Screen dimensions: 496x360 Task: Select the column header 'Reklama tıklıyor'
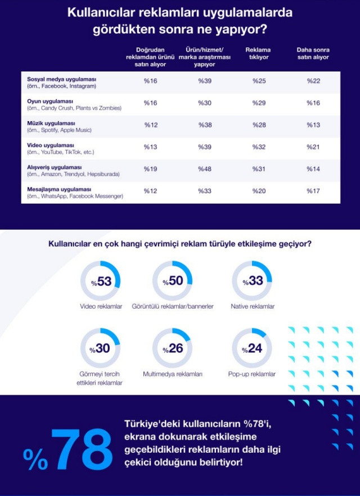coord(258,53)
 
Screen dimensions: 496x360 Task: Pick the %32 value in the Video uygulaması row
coord(259,146)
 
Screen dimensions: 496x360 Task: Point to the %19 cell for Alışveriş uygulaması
coord(150,168)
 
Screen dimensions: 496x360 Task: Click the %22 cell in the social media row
coord(313,81)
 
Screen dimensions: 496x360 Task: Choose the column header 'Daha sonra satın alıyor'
coord(313,53)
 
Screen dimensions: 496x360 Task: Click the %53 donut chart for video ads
coord(101,281)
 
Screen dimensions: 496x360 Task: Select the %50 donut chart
coord(173,281)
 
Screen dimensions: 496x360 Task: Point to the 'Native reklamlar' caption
coord(253,306)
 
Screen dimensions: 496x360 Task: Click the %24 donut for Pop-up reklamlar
coord(252,348)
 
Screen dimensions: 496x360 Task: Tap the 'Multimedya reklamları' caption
coord(173,374)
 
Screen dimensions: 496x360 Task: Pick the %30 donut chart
coord(101,348)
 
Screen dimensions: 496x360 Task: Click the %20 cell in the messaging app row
coord(259,191)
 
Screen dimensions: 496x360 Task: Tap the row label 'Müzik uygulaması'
coord(51,123)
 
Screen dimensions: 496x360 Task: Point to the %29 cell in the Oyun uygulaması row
coord(259,103)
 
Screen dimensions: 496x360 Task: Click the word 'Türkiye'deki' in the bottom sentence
coord(152,424)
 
